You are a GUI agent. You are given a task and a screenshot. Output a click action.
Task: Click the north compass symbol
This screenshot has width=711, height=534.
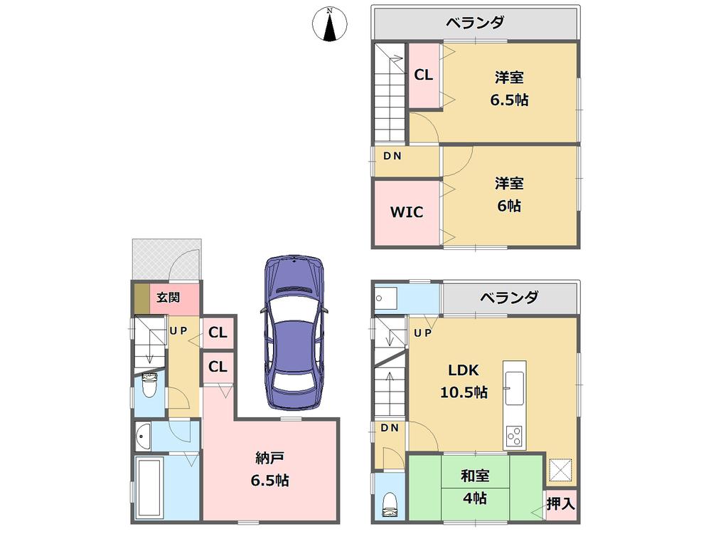(x=329, y=26)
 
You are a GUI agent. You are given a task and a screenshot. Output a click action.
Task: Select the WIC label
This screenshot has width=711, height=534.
(x=406, y=211)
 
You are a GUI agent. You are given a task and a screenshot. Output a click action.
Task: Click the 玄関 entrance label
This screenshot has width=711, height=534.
(x=168, y=297)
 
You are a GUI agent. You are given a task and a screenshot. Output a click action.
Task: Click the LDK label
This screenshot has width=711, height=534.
(x=463, y=370)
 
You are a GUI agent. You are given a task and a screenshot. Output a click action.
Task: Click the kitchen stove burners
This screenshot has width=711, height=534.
(x=513, y=434)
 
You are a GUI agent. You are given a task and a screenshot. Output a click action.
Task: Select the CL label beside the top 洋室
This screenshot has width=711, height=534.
(x=424, y=75)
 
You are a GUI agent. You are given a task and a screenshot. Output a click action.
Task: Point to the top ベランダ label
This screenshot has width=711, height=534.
(x=475, y=22)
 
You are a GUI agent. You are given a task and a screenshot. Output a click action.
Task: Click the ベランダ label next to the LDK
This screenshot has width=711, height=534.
(x=508, y=297)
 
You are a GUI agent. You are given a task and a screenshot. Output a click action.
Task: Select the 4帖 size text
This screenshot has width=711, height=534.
(x=474, y=498)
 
